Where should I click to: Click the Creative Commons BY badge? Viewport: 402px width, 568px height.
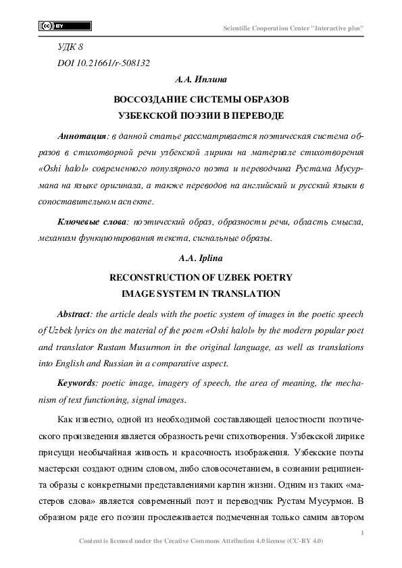(x=65, y=26)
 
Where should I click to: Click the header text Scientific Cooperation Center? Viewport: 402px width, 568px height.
(x=294, y=28)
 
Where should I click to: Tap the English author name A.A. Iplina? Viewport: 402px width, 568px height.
(x=201, y=258)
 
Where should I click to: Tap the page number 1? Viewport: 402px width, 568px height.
(x=363, y=534)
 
